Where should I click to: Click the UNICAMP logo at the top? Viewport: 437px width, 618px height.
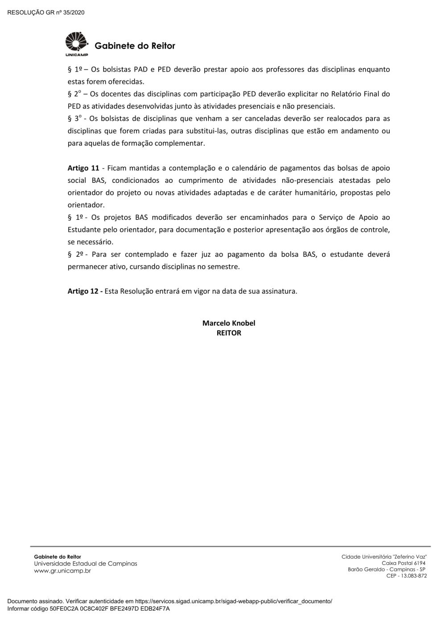click(77, 44)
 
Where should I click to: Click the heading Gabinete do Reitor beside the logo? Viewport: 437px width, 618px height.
click(135, 46)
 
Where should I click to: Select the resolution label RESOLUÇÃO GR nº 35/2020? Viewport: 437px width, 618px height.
click(46, 12)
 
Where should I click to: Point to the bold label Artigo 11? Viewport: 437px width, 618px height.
click(83, 168)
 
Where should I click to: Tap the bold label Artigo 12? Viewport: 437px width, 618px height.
click(85, 291)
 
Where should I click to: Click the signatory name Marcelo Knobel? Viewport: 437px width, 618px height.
click(229, 323)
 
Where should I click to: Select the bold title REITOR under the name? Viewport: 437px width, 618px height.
click(229, 333)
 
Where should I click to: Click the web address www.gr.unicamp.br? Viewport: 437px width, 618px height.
click(62, 571)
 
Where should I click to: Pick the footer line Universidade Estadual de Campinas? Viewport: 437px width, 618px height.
click(86, 564)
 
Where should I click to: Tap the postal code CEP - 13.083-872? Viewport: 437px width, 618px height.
click(406, 576)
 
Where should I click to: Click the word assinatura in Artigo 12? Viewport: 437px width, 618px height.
click(278, 291)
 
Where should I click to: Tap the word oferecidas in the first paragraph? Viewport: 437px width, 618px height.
click(126, 82)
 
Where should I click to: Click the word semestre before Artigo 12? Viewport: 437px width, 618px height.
click(223, 267)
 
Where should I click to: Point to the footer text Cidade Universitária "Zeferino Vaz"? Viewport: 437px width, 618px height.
click(384, 556)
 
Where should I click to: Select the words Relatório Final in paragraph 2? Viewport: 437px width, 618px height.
click(356, 94)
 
